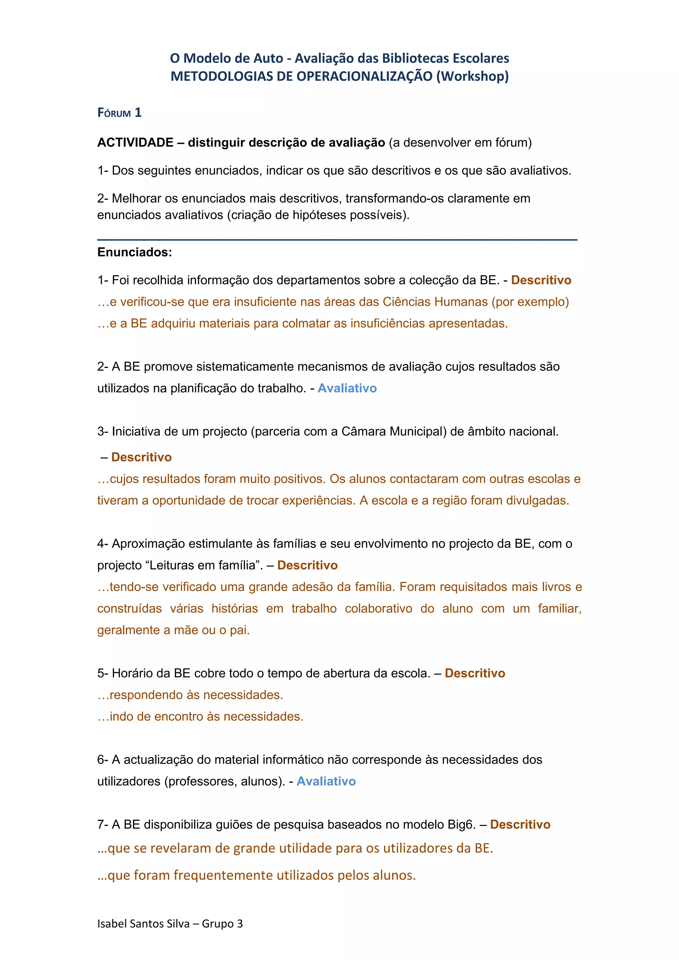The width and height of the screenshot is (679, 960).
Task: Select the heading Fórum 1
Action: (x=119, y=113)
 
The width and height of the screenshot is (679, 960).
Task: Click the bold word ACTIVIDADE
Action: (x=135, y=142)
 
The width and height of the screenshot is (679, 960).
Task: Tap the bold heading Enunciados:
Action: (x=135, y=252)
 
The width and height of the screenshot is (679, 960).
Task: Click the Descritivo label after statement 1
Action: (x=541, y=280)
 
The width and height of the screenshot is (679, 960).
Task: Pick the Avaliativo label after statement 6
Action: (x=326, y=781)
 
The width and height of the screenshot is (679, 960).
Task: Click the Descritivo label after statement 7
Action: (x=520, y=824)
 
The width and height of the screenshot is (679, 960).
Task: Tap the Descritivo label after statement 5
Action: (x=475, y=673)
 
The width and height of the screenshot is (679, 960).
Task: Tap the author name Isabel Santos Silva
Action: (x=144, y=923)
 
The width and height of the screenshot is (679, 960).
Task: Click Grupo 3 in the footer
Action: (x=222, y=923)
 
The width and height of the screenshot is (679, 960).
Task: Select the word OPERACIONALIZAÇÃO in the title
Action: (x=364, y=76)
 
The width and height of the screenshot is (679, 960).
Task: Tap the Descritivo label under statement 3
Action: (x=142, y=457)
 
